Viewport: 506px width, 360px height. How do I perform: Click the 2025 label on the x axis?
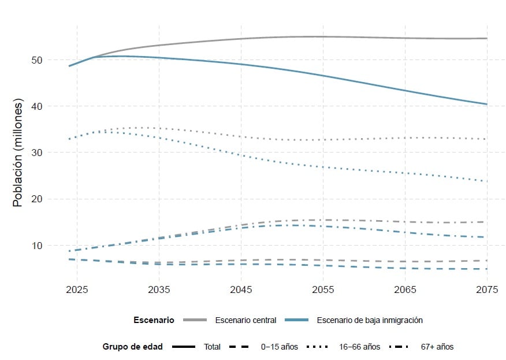tap(77, 289)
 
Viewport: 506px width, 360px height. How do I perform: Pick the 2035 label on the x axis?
tap(159, 289)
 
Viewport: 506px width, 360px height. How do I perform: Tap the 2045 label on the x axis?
tap(241, 289)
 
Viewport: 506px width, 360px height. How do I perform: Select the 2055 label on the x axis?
tap(323, 289)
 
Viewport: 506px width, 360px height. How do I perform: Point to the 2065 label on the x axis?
tap(405, 289)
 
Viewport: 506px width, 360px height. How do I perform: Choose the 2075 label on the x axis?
tap(487, 289)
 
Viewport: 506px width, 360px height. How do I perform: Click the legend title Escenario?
tap(154, 320)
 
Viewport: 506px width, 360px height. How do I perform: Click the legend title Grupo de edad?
tap(132, 347)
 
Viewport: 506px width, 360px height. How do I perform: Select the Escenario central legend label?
tap(245, 320)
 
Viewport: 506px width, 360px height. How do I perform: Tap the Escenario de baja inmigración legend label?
tap(370, 320)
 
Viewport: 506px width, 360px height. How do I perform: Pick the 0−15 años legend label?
tap(280, 347)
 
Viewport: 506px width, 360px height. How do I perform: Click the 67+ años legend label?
tap(437, 347)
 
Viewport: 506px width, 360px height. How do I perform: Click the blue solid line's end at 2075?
tap(487, 104)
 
